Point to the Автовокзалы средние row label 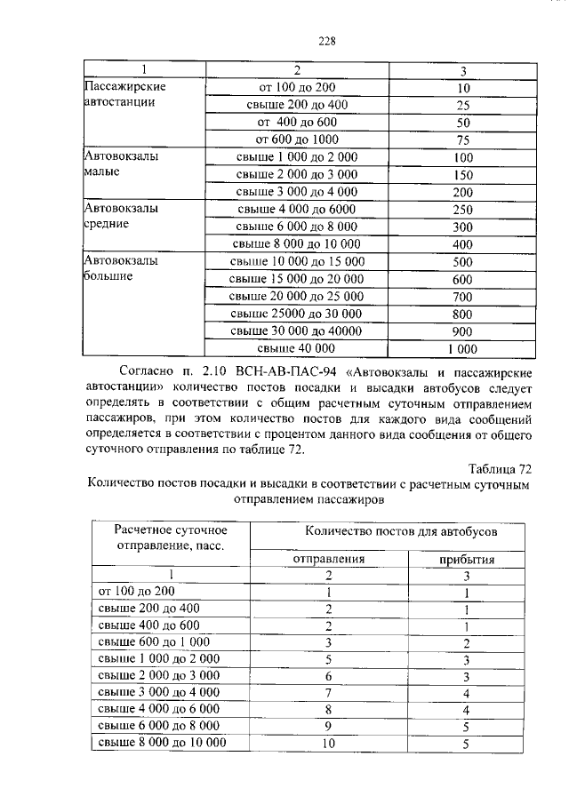click(120, 217)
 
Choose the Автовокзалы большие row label click(120, 268)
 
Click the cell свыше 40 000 click(295, 347)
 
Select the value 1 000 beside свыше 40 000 click(461, 348)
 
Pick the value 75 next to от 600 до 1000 click(461, 139)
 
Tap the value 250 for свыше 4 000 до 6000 click(461, 210)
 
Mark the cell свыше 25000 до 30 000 click(295, 313)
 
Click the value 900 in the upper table click(461, 330)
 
